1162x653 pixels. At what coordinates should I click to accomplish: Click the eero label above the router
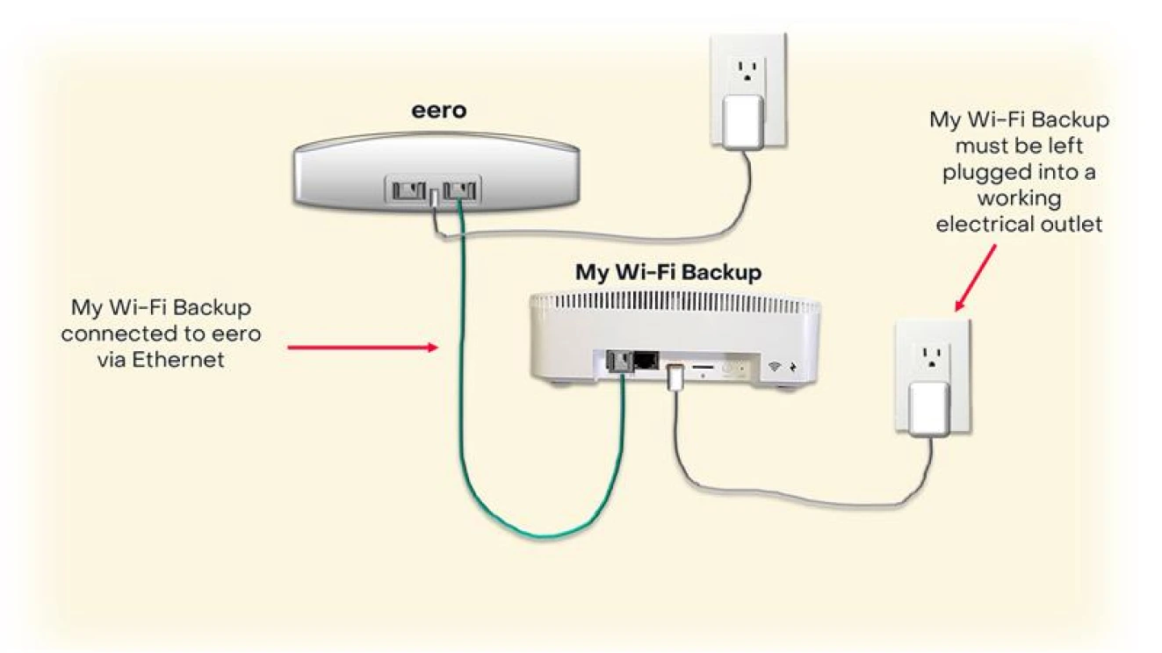(438, 111)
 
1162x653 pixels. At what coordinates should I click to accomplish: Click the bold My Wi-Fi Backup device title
(668, 272)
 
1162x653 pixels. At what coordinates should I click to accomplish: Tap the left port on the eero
(409, 189)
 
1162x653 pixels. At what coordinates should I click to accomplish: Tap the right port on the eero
(461, 189)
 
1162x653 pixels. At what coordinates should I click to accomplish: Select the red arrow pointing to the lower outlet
(976, 277)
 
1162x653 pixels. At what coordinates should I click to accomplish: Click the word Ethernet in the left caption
(178, 359)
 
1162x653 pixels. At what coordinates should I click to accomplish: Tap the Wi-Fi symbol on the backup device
(774, 366)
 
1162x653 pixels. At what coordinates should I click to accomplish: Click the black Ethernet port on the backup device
(647, 360)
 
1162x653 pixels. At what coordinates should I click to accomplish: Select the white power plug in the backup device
(675, 377)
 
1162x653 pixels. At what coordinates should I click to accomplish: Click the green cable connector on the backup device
(620, 362)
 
